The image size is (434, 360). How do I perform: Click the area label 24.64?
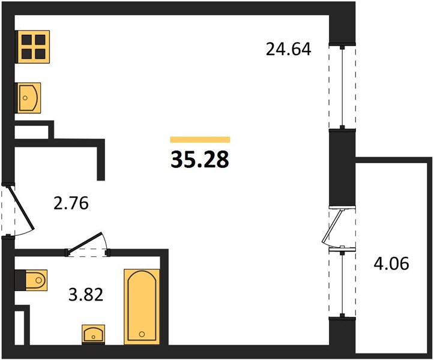pos(288,49)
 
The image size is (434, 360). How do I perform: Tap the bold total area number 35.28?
pos(200,160)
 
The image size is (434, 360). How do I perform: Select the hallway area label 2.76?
pos(71,203)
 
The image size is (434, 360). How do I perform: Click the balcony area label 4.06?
pos(391,263)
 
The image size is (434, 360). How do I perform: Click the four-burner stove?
pos(32,47)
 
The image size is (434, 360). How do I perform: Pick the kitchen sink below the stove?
pos(28,98)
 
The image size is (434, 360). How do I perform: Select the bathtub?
pos(142,307)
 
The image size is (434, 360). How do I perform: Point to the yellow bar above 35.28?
pos(200,139)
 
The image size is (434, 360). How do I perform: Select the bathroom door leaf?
pos(85,242)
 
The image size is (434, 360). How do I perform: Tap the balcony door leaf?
pos(332,226)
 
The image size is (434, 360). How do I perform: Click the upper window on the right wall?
pos(342,86)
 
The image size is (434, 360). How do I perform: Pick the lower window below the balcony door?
pos(342,283)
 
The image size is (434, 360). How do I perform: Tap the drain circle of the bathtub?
pos(142,334)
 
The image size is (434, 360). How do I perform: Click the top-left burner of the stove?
pos(26,40)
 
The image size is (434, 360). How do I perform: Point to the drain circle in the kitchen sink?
pos(25,98)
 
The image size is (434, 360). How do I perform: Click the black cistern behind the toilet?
pos(20,280)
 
